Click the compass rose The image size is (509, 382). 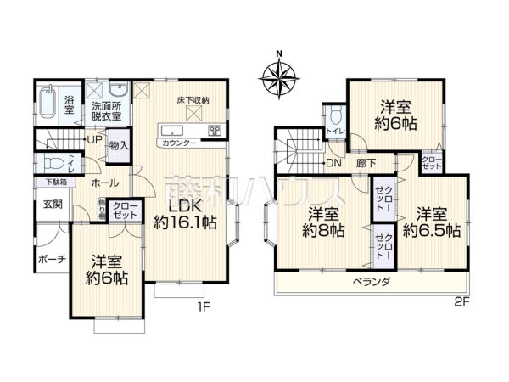point(280,76)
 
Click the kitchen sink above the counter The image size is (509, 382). point(168,130)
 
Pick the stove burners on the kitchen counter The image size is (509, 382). point(213,130)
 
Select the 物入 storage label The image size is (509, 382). point(119,146)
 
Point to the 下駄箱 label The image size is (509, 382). point(52,183)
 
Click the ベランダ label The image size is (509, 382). point(371,281)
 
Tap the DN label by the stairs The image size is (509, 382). point(333,163)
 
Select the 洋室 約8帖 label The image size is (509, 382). point(325,221)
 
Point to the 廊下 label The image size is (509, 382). point(366,163)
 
